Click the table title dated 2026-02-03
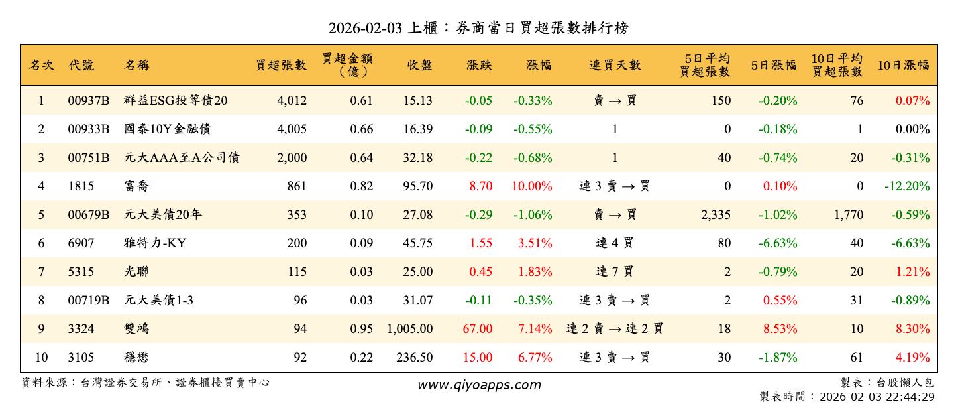coord(478,28)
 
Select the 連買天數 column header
coord(615,65)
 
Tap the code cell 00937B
coord(88,101)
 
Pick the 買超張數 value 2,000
coord(292,158)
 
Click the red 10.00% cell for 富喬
coord(532,186)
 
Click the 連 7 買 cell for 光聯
coord(615,272)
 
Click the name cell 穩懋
coord(136,358)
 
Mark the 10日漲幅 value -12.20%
coord(907,186)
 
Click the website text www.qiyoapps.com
coord(479,385)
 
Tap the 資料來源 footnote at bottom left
coord(146,383)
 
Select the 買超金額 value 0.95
coord(360,329)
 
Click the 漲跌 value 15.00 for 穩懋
coord(478,358)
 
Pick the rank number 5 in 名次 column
coord(41,215)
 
